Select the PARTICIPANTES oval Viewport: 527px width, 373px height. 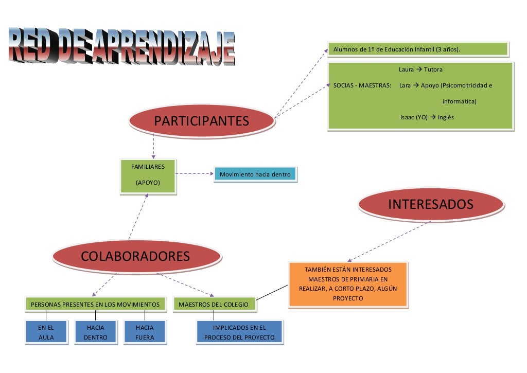(x=201, y=121)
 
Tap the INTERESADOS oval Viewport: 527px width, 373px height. (x=430, y=204)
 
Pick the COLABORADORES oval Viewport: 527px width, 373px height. (x=135, y=256)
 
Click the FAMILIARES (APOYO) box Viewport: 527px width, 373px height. (x=148, y=175)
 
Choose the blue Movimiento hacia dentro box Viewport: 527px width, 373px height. (x=255, y=174)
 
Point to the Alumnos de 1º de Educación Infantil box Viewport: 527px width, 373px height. (x=417, y=49)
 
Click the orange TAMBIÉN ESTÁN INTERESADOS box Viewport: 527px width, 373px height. (x=348, y=285)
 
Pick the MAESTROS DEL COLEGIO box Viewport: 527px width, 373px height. (x=214, y=305)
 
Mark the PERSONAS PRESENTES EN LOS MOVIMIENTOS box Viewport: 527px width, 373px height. (x=96, y=305)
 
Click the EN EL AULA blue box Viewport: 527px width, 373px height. (x=46, y=332)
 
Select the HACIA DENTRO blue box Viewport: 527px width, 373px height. (x=96, y=332)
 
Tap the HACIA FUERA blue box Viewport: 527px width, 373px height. (x=145, y=332)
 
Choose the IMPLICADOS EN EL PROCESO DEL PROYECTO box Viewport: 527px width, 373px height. (x=240, y=332)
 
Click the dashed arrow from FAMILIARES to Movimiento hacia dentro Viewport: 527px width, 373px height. (x=195, y=174)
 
